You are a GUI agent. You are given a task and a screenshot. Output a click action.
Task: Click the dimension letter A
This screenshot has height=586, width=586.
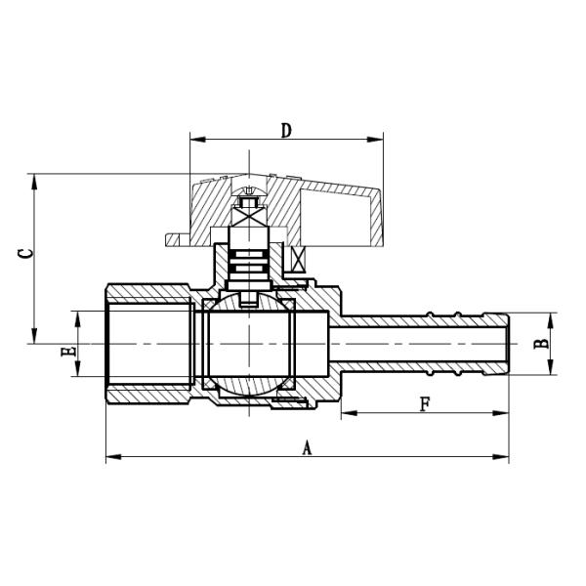[306, 447]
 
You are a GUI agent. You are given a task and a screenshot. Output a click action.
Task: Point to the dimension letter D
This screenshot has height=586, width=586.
[286, 130]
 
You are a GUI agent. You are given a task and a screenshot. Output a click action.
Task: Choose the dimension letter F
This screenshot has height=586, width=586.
[424, 403]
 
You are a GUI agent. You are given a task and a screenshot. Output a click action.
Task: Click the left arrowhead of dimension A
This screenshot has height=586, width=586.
[110, 456]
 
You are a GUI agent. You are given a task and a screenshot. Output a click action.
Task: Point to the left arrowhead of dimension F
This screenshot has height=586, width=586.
[347, 414]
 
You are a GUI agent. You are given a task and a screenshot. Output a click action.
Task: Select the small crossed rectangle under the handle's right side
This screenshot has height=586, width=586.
[300, 259]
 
